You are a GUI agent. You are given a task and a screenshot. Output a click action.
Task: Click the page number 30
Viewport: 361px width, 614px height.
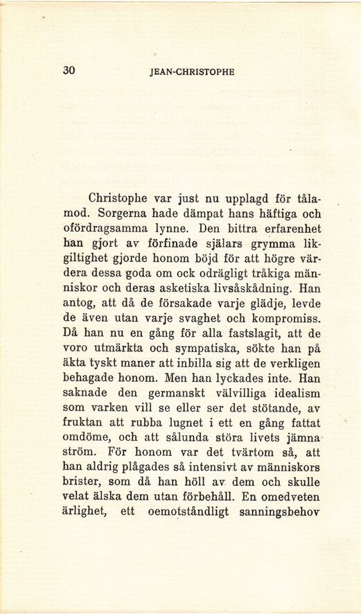(x=69, y=70)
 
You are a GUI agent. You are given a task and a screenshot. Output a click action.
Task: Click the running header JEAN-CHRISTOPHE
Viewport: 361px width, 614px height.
(x=192, y=71)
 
